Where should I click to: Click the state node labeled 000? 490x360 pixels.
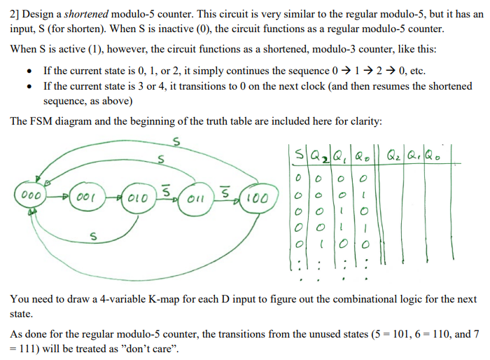(x=29, y=195)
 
